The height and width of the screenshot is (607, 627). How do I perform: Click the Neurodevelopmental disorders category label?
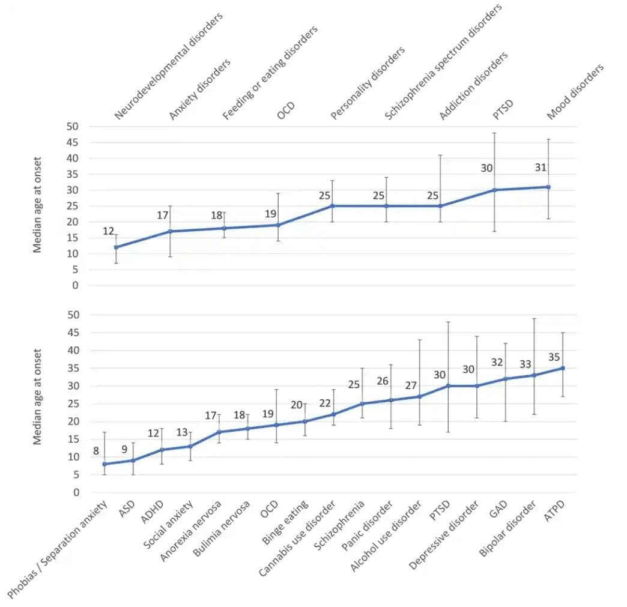[168, 66]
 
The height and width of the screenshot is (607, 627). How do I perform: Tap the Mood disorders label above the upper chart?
[575, 92]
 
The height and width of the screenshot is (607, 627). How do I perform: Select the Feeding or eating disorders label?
[270, 73]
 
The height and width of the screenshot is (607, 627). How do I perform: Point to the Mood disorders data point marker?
[548, 187]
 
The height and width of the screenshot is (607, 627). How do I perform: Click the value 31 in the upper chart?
[541, 168]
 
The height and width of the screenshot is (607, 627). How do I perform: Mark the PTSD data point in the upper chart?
[494, 190]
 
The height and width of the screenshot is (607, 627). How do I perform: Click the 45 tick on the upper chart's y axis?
[73, 142]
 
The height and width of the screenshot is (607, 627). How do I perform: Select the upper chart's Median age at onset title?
[37, 205]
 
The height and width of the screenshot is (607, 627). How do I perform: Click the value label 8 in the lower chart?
[95, 451]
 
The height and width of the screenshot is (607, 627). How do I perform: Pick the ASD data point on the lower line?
[133, 461]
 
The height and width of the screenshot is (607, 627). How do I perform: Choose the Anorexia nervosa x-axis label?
[191, 531]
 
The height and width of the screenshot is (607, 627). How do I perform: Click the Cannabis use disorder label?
[297, 539]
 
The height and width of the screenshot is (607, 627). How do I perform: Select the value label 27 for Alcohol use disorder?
[411, 385]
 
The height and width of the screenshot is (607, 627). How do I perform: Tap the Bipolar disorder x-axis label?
[507, 530]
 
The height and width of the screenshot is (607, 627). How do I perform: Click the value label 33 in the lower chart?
[525, 364]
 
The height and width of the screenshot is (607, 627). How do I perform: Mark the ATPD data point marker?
[563, 368]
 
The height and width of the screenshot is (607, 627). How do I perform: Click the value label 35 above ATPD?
[554, 357]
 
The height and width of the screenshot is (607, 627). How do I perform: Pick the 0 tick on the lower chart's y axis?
[76, 492]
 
